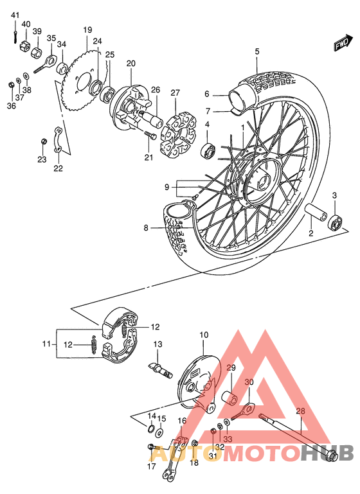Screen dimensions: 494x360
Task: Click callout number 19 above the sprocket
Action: pyautogui.click(x=87, y=30)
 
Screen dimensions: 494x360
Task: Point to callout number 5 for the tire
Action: pyautogui.click(x=256, y=51)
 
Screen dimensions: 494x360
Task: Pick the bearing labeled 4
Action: pyautogui.click(x=209, y=150)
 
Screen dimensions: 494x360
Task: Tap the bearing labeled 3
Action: pyautogui.click(x=335, y=222)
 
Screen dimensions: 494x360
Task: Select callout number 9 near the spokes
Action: pyautogui.click(x=166, y=187)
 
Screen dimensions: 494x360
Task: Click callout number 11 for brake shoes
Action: pyautogui.click(x=46, y=344)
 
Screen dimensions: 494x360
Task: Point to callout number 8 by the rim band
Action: pyautogui.click(x=146, y=228)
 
